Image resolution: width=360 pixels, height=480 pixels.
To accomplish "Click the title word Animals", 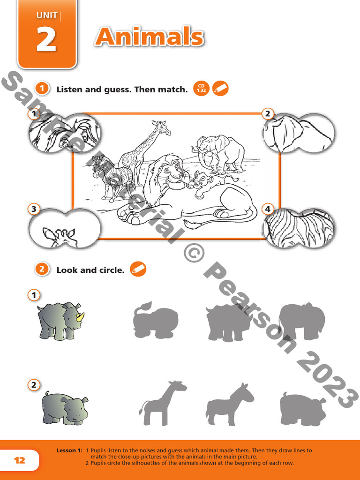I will click(x=149, y=37).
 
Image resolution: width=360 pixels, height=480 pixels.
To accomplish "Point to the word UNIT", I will click(x=46, y=16).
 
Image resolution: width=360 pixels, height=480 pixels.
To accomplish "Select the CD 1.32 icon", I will click(x=201, y=88).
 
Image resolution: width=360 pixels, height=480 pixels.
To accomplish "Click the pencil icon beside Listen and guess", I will click(x=220, y=88).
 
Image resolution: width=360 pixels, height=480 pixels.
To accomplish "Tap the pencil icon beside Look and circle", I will click(x=138, y=269).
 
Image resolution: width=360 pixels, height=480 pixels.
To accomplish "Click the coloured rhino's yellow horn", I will click(x=81, y=317).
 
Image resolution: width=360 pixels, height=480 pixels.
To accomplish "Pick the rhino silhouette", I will click(x=228, y=322).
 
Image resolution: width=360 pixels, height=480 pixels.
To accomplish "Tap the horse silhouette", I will click(x=230, y=404).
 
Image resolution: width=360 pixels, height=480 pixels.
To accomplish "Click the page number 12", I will click(x=20, y=460).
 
